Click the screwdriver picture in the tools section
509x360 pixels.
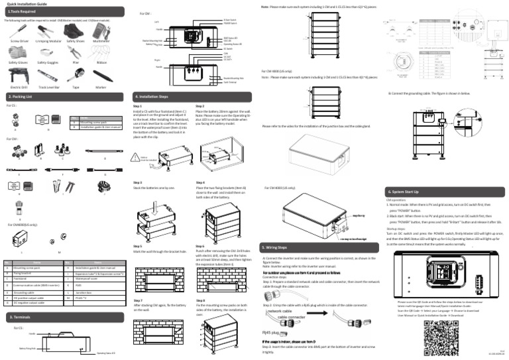20,32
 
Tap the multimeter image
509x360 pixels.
101,32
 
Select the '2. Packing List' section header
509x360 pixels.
20,96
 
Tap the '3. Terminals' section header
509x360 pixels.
20,318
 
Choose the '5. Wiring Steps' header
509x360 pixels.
277,247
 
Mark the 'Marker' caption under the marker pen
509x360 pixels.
101,87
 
